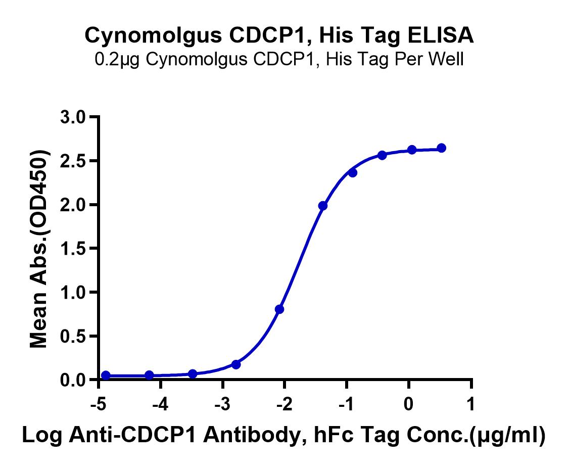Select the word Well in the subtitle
coord(447,60)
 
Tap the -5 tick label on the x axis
coord(98,404)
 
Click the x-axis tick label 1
coord(471,404)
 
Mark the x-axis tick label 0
coord(408,404)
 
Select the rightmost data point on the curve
coord(442,148)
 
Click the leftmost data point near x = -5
coord(106,375)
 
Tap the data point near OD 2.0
coord(323,206)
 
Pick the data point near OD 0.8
coord(279,309)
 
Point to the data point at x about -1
coord(353,173)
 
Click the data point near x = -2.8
coord(236,364)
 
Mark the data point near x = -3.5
coord(193,373)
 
